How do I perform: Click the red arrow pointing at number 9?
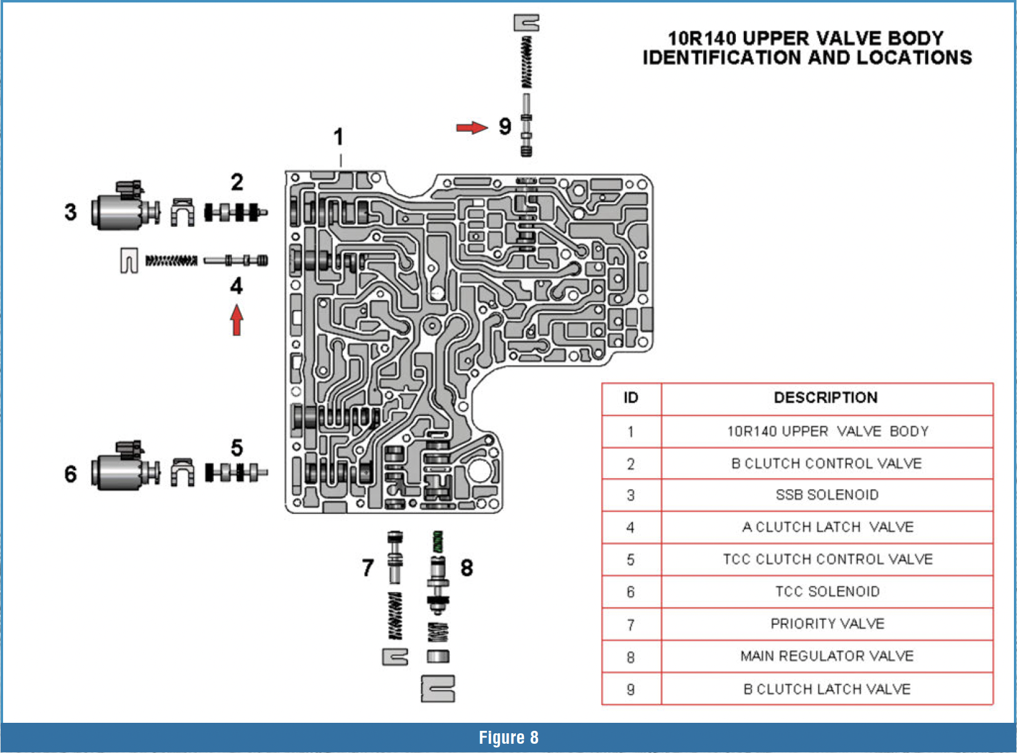(472, 128)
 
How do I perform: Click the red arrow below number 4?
(237, 320)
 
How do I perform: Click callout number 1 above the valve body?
(338, 137)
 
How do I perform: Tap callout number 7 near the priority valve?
(368, 567)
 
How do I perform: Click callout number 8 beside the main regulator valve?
(467, 568)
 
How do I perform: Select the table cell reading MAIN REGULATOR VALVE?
(827, 656)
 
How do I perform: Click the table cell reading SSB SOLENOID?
(827, 495)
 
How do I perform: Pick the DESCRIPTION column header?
(825, 397)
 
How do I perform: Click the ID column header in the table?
(631, 397)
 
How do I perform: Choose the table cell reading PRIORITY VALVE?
(827, 624)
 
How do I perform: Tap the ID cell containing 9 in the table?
(631, 690)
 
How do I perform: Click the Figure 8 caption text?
(508, 738)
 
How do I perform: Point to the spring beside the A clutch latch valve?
(171, 261)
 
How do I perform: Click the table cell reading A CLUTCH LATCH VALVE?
(827, 527)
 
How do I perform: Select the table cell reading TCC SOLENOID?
(827, 592)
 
